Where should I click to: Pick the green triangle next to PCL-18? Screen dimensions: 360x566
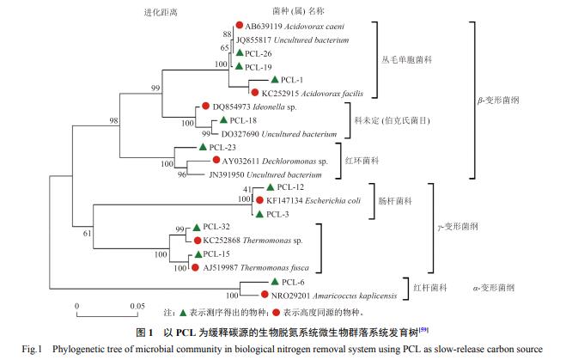coord(224,120)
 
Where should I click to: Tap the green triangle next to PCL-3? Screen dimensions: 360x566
coord(259,213)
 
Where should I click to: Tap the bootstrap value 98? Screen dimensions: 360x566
coord(113,120)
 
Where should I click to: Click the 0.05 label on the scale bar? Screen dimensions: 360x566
coord(137,306)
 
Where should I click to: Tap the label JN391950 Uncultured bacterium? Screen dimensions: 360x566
coord(266,174)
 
